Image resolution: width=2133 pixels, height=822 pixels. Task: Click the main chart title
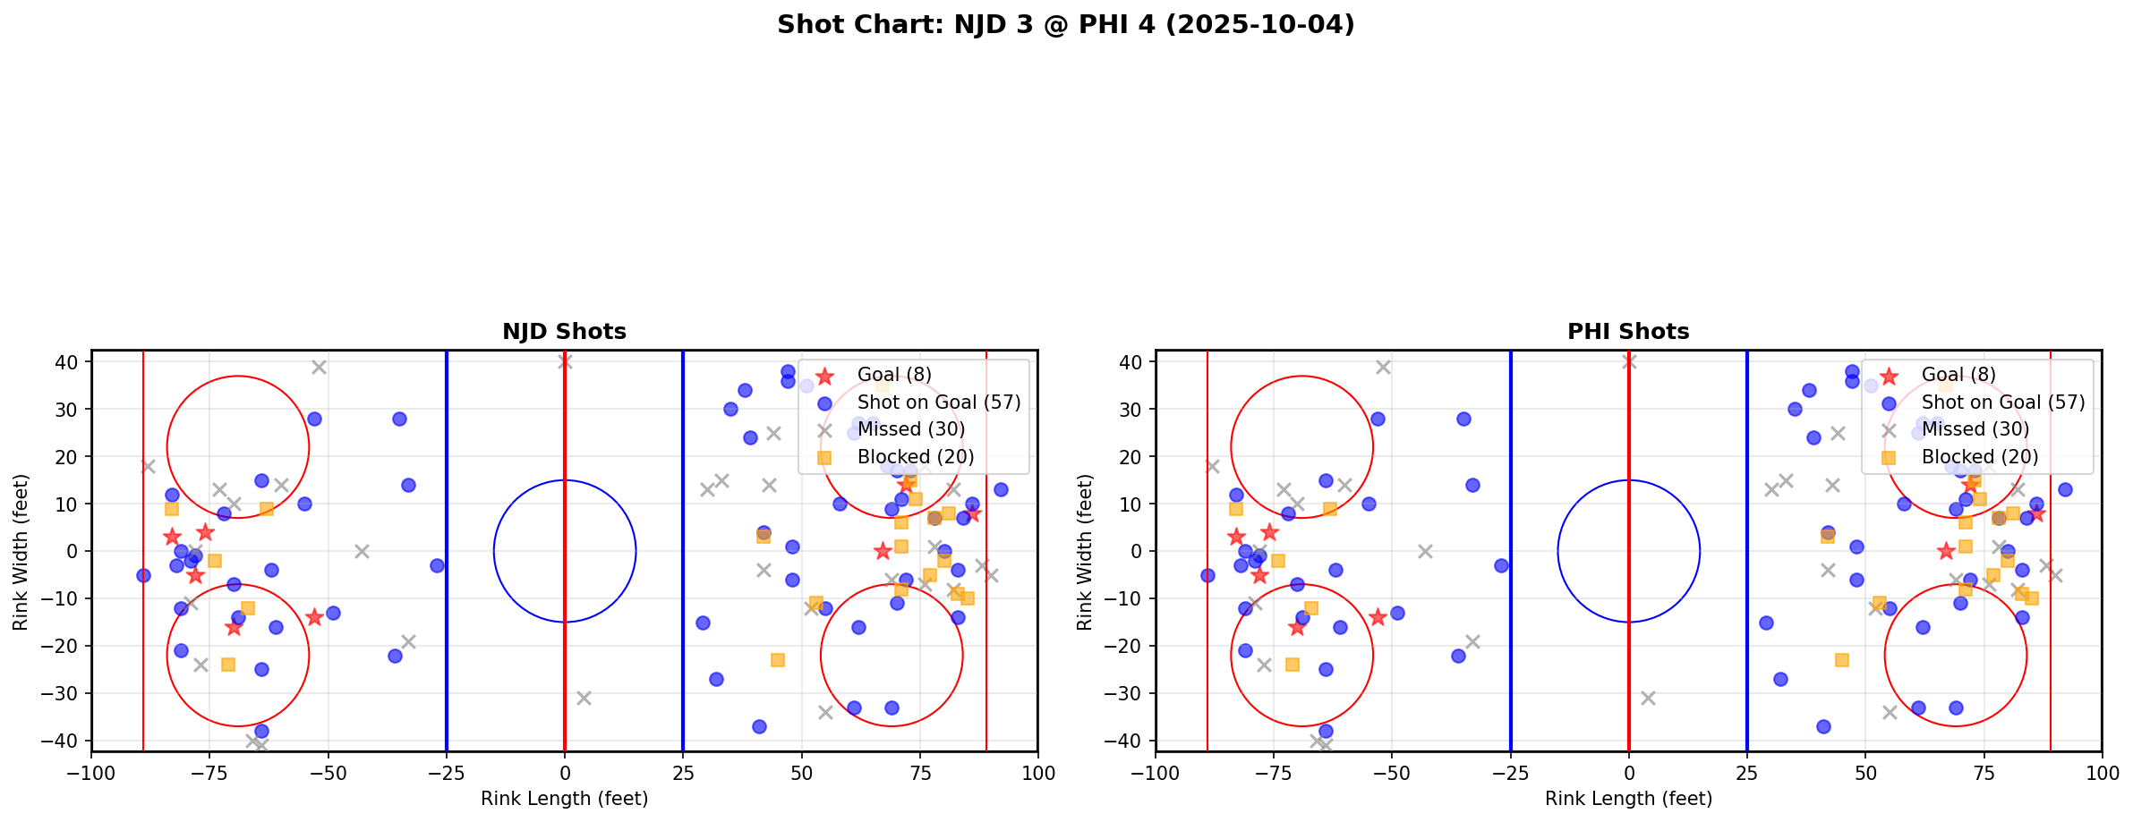[x=1065, y=25]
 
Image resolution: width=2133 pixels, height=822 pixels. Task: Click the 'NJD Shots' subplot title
[x=564, y=332]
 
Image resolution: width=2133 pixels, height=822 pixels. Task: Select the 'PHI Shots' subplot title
[x=1628, y=332]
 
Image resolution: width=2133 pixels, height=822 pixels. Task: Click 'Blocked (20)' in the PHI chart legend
[x=1980, y=457]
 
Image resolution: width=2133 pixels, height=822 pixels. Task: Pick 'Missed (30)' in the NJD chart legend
[x=910, y=429]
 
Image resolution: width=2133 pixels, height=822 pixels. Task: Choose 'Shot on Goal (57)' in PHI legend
[x=2003, y=403]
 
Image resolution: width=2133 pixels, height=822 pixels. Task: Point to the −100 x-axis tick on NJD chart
[x=91, y=773]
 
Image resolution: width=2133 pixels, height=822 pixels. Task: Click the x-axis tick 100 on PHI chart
[x=2102, y=773]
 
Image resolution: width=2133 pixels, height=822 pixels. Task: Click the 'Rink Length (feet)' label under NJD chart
[x=564, y=799]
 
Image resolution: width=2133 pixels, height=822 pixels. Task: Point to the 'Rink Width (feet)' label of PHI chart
[x=1085, y=552]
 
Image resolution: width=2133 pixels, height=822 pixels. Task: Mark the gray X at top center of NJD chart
[x=565, y=361]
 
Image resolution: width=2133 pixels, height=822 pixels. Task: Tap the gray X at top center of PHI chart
[x=1629, y=361]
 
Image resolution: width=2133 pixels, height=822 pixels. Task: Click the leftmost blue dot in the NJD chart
[x=143, y=575]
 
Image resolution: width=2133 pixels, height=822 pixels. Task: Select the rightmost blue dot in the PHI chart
[x=2065, y=489]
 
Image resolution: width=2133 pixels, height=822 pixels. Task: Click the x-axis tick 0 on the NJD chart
[x=565, y=773]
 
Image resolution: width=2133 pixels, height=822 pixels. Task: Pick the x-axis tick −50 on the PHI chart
[x=1392, y=773]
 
